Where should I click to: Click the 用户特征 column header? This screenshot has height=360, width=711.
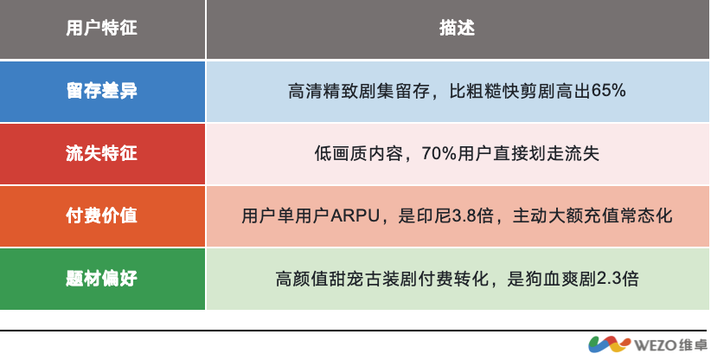102,29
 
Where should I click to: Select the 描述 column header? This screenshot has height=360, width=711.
458,29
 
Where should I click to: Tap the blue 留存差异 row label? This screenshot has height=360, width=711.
102,91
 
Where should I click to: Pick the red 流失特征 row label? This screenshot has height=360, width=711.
102,153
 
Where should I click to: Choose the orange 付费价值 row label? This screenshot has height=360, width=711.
102,215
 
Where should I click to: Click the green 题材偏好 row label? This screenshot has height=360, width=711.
102,278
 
